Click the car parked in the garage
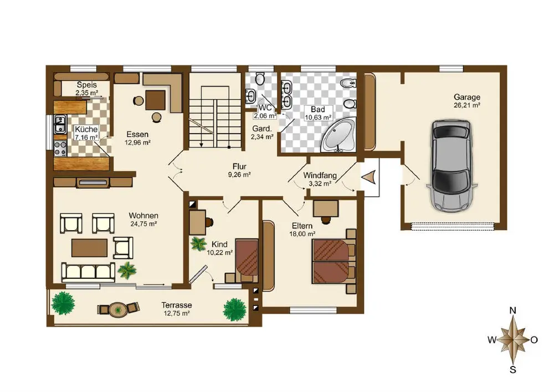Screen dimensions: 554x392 (452, 166)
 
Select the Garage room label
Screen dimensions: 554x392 (467, 97)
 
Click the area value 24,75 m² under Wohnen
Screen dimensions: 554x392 (143, 224)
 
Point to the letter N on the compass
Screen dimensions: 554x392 (512, 310)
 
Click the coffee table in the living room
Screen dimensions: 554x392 (89, 248)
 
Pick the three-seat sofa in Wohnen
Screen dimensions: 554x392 (88, 272)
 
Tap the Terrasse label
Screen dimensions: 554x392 (177, 305)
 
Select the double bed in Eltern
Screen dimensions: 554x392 (334, 261)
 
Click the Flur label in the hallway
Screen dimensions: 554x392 (239, 166)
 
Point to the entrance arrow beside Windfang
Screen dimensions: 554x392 (368, 177)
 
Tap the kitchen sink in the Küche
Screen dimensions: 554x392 (60, 124)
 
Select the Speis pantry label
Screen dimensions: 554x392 (86, 85)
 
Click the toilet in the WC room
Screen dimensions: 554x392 (260, 79)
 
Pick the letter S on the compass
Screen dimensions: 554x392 (512, 370)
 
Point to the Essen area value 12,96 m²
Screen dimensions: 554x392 (137, 143)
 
